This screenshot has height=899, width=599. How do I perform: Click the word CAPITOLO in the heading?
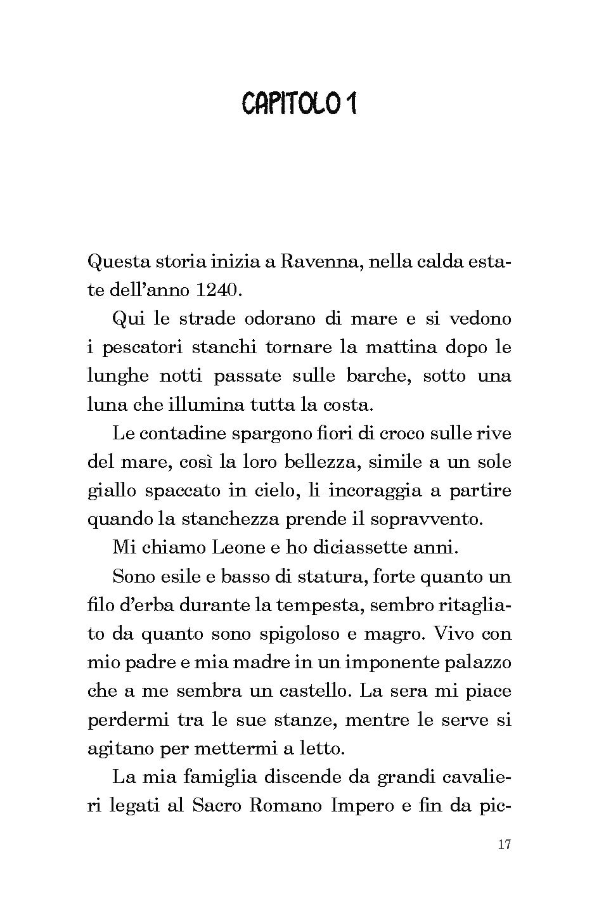(291, 104)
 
